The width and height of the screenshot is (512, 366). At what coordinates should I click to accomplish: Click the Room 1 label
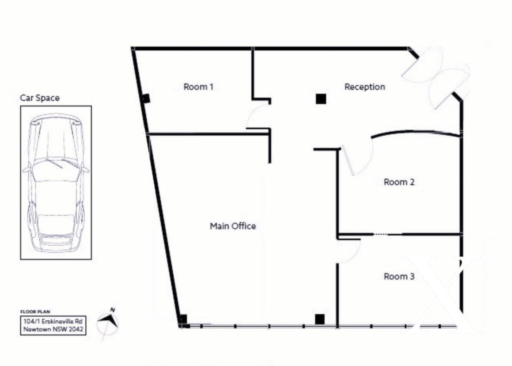tap(198, 87)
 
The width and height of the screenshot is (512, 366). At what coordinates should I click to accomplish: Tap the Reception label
tap(364, 87)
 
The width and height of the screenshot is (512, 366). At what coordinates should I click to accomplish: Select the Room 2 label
tap(398, 182)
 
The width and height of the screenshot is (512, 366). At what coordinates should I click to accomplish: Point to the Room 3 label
tap(398, 276)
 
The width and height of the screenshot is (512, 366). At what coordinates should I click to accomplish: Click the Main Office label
tap(232, 226)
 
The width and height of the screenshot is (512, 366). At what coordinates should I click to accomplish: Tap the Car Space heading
tap(40, 98)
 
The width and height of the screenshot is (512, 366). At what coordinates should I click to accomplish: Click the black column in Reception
tap(321, 98)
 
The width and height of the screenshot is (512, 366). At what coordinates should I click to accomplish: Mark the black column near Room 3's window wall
tap(319, 319)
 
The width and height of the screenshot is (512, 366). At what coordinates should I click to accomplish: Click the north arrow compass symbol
tap(108, 323)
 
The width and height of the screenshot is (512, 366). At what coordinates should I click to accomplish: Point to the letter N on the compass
tap(112, 310)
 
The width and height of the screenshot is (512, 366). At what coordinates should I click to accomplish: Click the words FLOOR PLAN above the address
tap(35, 312)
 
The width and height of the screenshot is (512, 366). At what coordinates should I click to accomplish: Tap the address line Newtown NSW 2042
tap(53, 329)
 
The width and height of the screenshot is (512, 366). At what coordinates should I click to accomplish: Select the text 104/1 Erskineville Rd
tap(53, 321)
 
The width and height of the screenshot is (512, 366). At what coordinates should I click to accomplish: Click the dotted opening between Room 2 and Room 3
tap(380, 234)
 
